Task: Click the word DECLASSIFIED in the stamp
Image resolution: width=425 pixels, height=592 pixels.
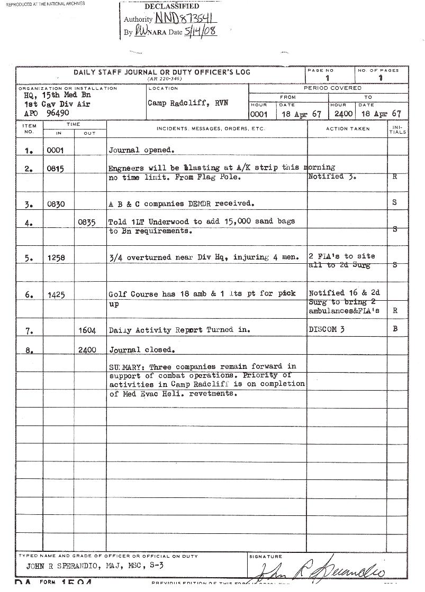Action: (171, 6)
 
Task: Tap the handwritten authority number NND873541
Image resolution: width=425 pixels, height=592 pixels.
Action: (186, 18)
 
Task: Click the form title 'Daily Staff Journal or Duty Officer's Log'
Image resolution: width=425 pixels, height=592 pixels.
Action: (162, 72)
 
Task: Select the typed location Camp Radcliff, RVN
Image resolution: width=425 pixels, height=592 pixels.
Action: (188, 103)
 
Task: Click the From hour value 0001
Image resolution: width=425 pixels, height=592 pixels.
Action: (259, 114)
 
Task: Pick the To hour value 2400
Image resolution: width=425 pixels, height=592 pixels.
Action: (343, 114)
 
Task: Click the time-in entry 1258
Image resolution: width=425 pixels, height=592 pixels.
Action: (55, 258)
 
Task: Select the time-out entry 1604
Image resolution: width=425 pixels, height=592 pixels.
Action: (87, 331)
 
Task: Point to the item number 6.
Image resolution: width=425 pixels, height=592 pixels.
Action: (29, 295)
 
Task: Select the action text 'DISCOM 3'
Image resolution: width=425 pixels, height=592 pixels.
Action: (327, 329)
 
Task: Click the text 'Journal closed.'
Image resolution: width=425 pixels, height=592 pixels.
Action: (142, 349)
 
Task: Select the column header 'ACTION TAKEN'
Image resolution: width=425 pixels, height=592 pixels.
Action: (348, 128)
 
